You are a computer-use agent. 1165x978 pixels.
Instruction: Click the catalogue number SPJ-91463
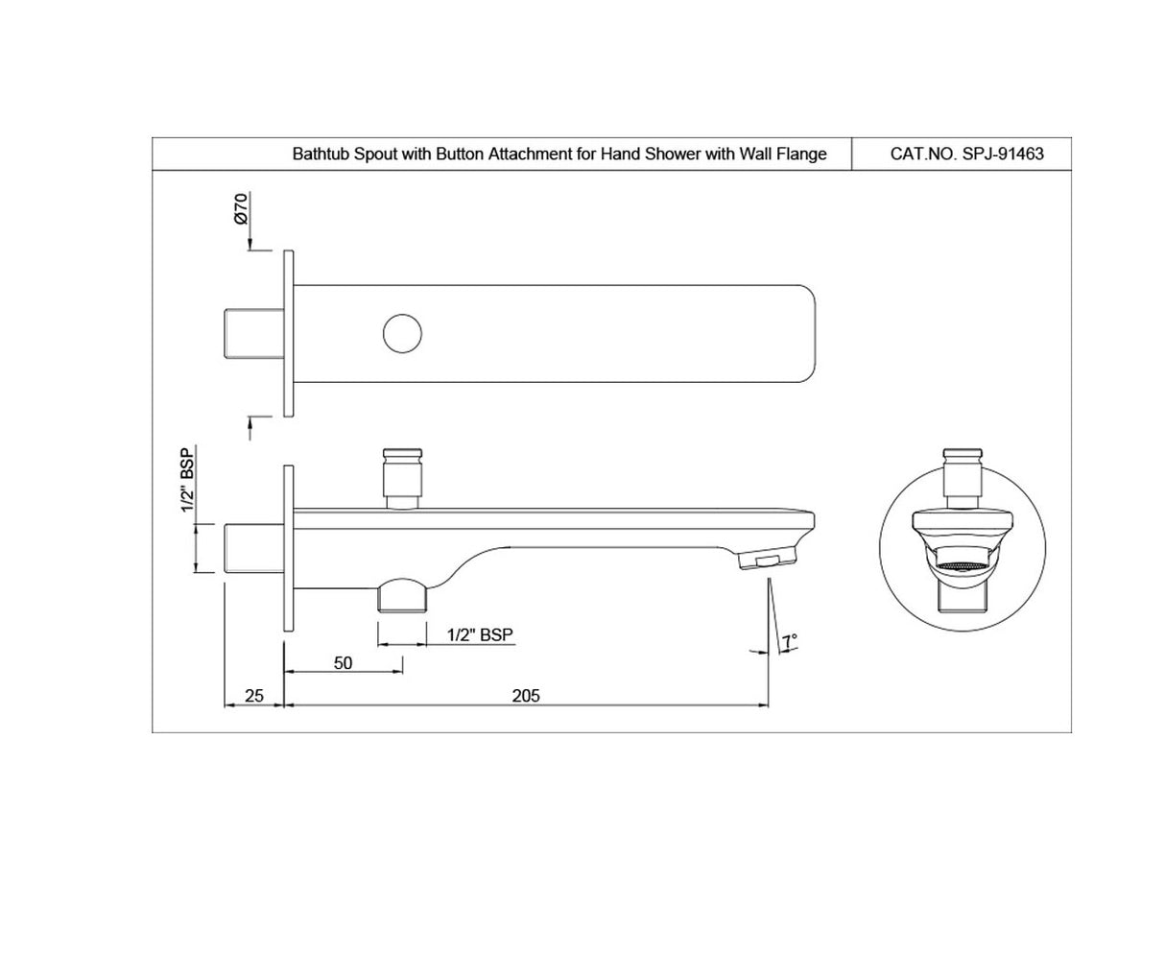pyautogui.click(x=1003, y=154)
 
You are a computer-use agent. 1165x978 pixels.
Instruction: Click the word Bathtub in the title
pyautogui.click(x=321, y=154)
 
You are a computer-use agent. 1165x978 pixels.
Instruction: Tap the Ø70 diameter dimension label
pyautogui.click(x=241, y=207)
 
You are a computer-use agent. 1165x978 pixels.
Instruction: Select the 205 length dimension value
pyautogui.click(x=526, y=695)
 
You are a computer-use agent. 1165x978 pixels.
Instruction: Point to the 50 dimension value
pyautogui.click(x=343, y=663)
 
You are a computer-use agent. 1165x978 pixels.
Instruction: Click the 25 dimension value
pyautogui.click(x=253, y=695)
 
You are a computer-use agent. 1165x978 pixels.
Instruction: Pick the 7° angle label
pyautogui.click(x=789, y=640)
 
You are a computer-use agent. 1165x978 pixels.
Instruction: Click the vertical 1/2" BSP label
pyautogui.click(x=188, y=479)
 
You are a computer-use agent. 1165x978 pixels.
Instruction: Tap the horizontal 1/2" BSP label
pyautogui.click(x=480, y=634)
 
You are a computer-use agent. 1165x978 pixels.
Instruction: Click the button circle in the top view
pyautogui.click(x=402, y=334)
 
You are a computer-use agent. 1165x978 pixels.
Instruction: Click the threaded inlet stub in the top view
pyautogui.click(x=253, y=334)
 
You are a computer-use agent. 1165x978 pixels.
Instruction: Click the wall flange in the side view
pyautogui.click(x=287, y=548)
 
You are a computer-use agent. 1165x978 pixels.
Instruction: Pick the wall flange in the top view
pyautogui.click(x=287, y=334)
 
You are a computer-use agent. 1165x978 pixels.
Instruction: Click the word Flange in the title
pyautogui.click(x=801, y=154)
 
